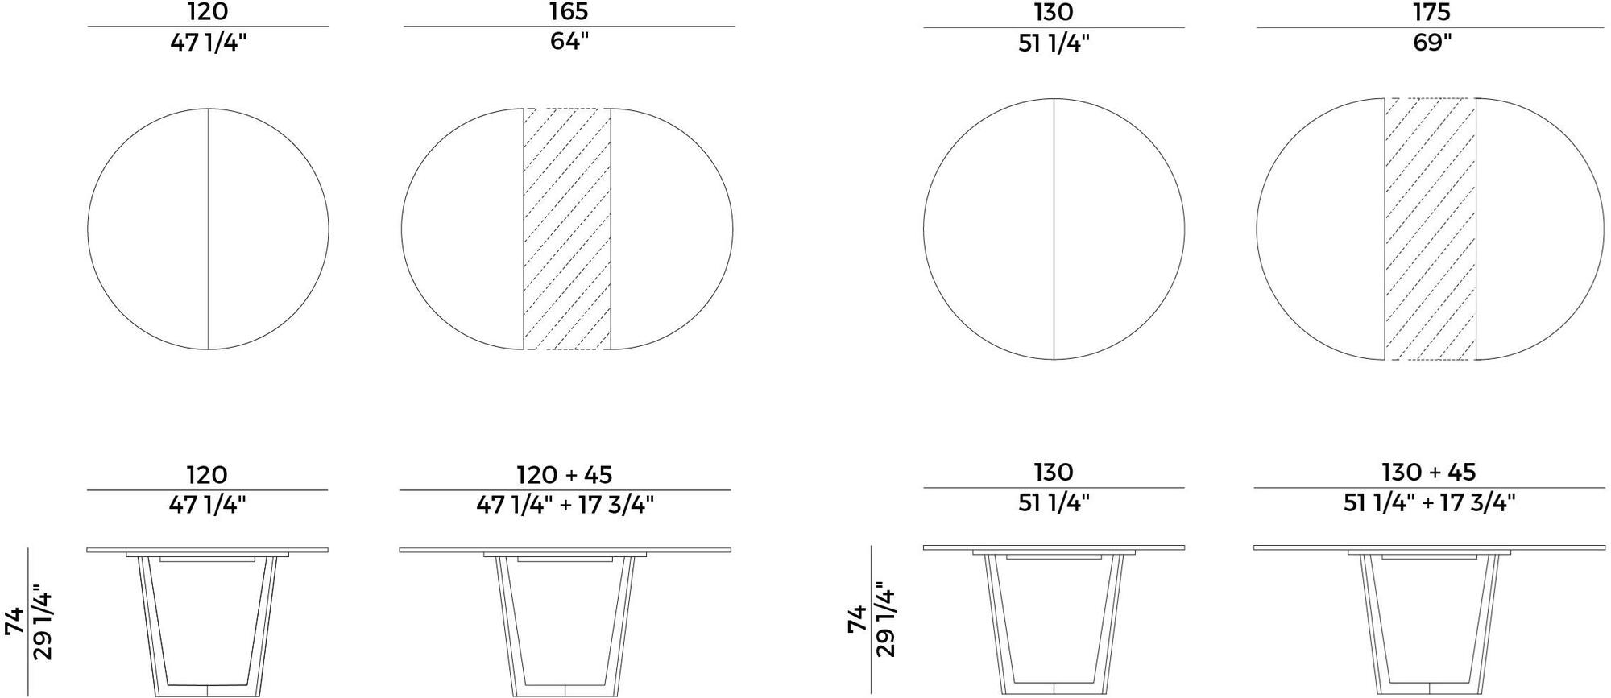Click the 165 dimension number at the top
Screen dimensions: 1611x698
569,12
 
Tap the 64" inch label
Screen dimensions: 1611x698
569,42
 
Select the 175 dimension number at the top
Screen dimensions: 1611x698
1431,12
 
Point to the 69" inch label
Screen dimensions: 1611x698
1431,42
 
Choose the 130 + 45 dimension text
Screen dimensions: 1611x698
1429,473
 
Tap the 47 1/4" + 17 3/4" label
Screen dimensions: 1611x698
565,505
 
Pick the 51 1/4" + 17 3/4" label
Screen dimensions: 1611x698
1429,502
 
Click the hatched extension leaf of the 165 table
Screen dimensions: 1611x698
567,229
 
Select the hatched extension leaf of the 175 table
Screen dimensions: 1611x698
1431,229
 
